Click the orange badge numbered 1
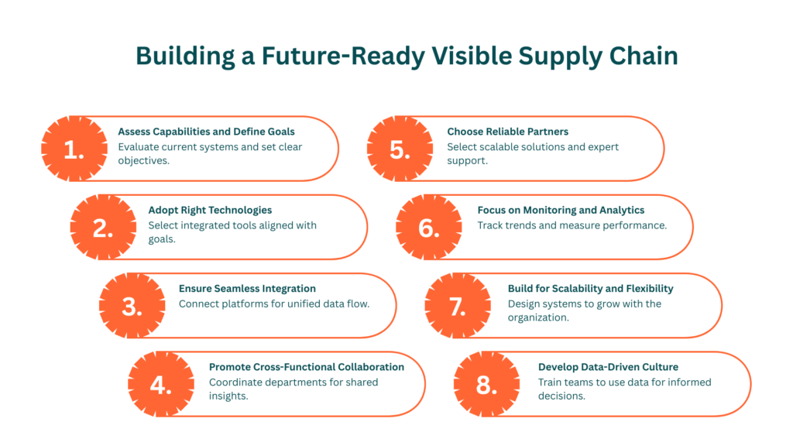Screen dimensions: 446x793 (x=73, y=149)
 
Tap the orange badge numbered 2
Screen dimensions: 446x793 (x=103, y=227)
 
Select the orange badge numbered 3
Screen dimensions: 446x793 (x=133, y=305)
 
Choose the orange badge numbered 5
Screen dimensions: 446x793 (x=400, y=149)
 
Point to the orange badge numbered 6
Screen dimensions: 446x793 (x=428, y=227)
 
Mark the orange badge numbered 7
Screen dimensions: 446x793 (x=458, y=305)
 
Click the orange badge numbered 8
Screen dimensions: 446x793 (x=486, y=383)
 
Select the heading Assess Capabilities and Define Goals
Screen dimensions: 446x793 (x=206, y=132)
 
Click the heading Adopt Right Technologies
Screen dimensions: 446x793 (x=210, y=210)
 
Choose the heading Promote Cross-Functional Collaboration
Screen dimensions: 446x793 (x=307, y=366)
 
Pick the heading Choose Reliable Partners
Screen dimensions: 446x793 (x=507, y=132)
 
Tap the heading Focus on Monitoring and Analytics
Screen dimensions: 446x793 (x=561, y=210)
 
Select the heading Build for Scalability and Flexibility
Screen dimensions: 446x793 (x=591, y=288)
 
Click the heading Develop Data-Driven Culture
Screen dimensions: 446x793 (x=609, y=366)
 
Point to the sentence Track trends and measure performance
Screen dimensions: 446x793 (x=572, y=225)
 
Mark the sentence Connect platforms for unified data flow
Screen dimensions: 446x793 (x=274, y=304)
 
